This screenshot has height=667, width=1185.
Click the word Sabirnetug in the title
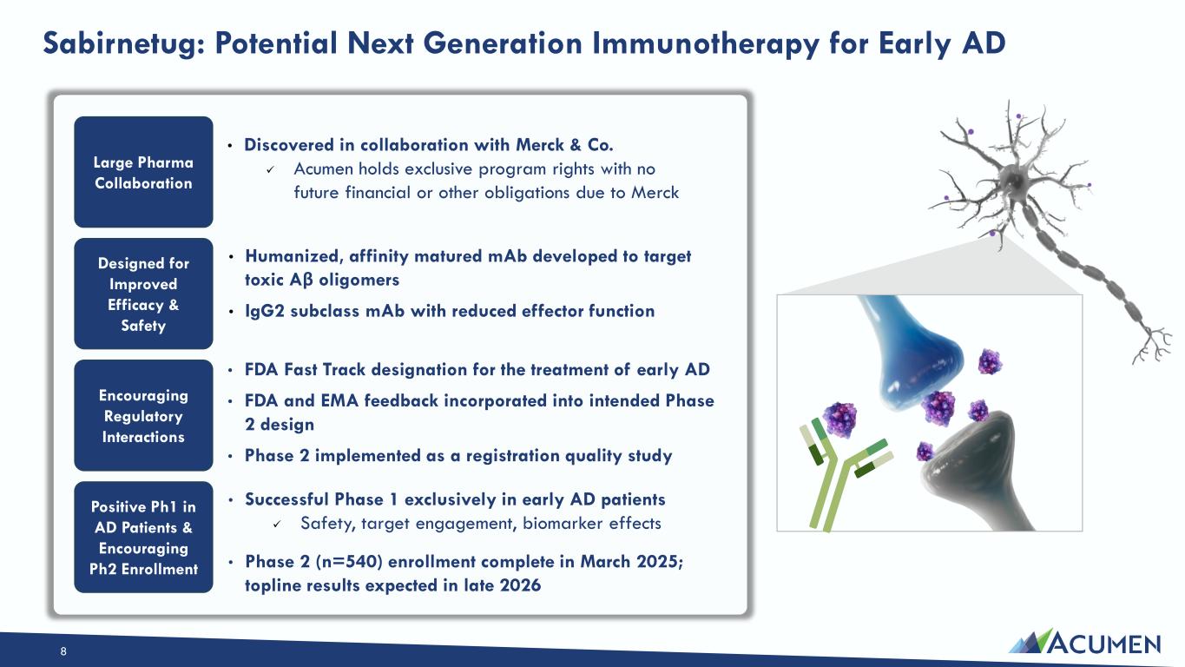(x=123, y=43)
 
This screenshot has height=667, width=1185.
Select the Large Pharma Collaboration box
(x=143, y=172)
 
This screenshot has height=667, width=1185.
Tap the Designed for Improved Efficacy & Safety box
(x=143, y=294)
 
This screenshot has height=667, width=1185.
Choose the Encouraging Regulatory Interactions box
(x=143, y=415)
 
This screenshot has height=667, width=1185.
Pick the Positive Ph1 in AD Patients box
(x=143, y=538)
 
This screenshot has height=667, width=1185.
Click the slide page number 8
(x=63, y=651)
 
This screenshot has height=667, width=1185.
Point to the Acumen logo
(x=1084, y=642)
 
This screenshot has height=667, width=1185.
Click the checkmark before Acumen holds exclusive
(x=270, y=170)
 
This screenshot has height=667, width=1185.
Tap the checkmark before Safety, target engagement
(x=277, y=525)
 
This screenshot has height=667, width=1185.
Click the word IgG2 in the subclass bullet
(x=265, y=311)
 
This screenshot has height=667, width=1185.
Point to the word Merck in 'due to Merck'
(x=655, y=192)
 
